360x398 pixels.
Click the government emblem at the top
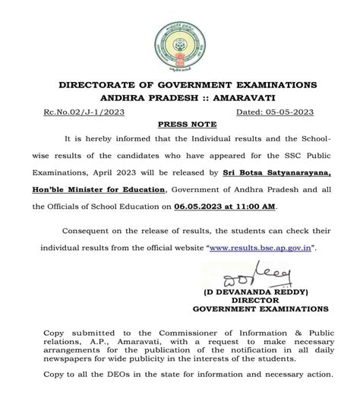click(x=180, y=37)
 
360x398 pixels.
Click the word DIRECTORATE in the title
click(x=96, y=83)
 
